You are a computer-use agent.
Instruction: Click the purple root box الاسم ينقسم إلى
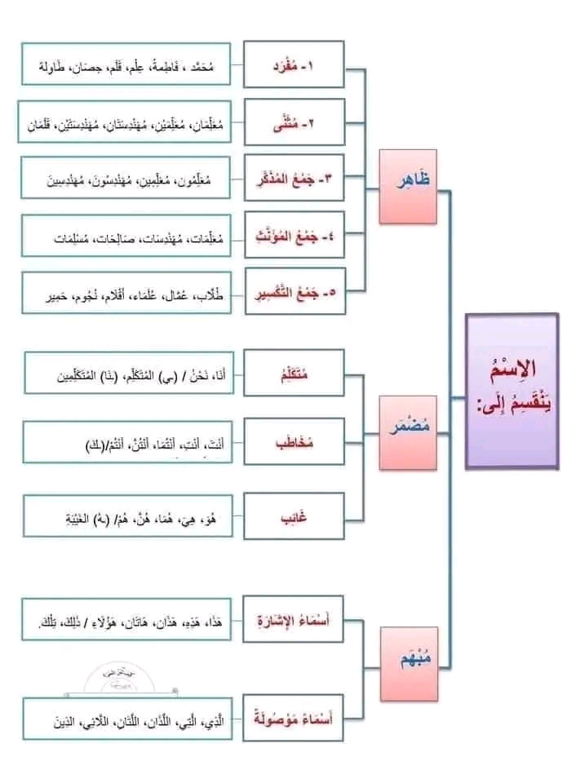click(x=512, y=391)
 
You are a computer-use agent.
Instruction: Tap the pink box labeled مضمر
click(x=408, y=432)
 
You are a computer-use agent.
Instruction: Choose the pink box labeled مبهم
click(x=407, y=665)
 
